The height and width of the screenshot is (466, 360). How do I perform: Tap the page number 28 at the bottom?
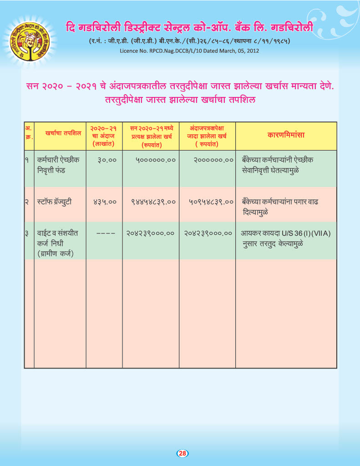pos(182,453)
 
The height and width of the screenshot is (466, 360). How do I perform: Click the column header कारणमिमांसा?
pos(286,135)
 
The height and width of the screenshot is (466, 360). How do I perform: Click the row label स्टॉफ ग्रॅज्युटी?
pos(55,201)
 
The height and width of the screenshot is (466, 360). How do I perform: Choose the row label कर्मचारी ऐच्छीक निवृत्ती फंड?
pos(58,165)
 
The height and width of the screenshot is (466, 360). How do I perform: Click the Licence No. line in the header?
pos(189,51)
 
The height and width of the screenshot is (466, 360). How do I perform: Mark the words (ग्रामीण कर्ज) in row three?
pos(56,253)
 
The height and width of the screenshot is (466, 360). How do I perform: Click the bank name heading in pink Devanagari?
pos(189,27)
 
